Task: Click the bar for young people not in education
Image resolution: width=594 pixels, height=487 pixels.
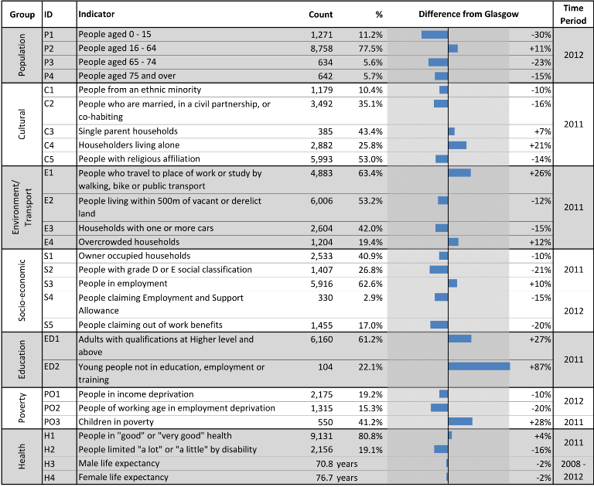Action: [x=480, y=366]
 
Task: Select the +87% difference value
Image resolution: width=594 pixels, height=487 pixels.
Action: [x=540, y=367]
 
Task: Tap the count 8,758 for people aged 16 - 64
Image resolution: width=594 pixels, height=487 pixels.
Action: [x=322, y=49]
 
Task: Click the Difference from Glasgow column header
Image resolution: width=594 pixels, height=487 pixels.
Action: [x=469, y=15]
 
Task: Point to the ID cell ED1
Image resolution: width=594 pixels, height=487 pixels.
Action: [x=52, y=339]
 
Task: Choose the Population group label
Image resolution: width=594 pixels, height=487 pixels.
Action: [x=22, y=55]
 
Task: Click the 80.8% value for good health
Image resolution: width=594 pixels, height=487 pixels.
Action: [x=370, y=436]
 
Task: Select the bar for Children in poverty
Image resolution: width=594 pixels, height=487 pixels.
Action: [x=460, y=421]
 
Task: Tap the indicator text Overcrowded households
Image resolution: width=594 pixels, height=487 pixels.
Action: [x=129, y=242]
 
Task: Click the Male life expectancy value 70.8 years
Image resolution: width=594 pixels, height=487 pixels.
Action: [x=336, y=464]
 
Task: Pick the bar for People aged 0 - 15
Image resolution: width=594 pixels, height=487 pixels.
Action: [x=435, y=35]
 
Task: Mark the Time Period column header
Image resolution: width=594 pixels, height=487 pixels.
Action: [x=573, y=15]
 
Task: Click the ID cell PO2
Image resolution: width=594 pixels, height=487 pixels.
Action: [x=52, y=408]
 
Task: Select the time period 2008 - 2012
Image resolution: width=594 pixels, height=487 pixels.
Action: [x=573, y=470]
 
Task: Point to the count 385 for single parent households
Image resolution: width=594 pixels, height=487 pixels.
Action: [x=326, y=131]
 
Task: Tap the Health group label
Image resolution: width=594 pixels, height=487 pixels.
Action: [x=22, y=457]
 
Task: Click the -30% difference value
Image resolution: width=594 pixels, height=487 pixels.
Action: [x=541, y=35]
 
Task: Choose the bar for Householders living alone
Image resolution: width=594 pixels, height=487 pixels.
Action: [x=457, y=145]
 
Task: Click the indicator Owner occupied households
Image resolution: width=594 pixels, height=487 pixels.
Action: [x=135, y=256]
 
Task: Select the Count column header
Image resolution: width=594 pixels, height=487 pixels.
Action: [x=320, y=15]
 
